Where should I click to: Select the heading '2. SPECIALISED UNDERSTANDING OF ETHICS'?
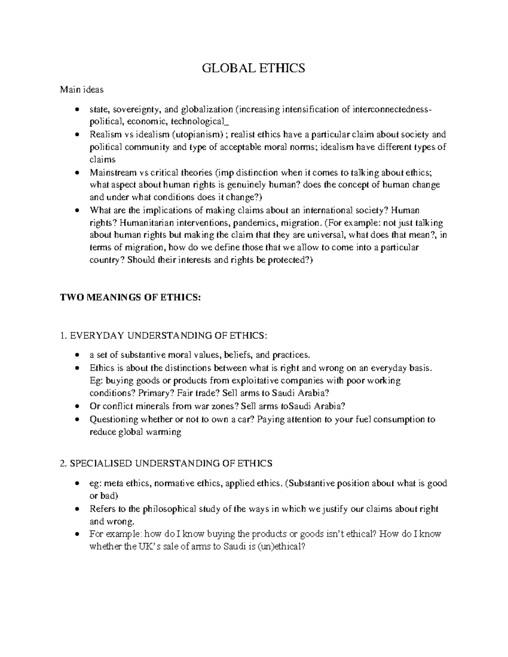click(x=166, y=463)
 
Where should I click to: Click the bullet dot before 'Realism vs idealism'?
click(x=76, y=135)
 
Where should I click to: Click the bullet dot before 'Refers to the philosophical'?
click(x=76, y=509)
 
